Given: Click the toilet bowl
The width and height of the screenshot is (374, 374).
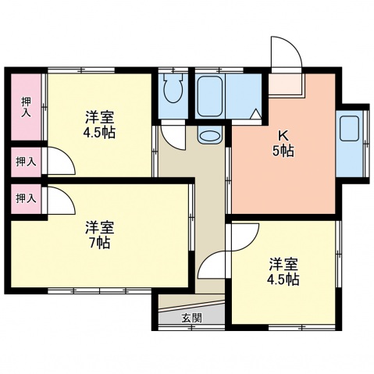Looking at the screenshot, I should (x=173, y=94).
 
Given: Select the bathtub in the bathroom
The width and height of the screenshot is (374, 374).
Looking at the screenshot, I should (x=211, y=96).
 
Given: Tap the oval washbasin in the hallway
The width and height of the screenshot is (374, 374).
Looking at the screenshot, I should (x=209, y=137).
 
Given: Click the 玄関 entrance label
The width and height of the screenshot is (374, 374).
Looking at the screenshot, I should (x=191, y=318).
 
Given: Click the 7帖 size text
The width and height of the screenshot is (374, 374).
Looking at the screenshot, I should (x=99, y=243).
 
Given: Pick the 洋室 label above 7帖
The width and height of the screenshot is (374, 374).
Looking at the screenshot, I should (x=100, y=227).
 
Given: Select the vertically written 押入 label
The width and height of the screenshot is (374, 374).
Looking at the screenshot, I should (x=25, y=106).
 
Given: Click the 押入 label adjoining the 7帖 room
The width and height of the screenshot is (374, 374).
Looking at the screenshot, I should (x=25, y=198).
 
